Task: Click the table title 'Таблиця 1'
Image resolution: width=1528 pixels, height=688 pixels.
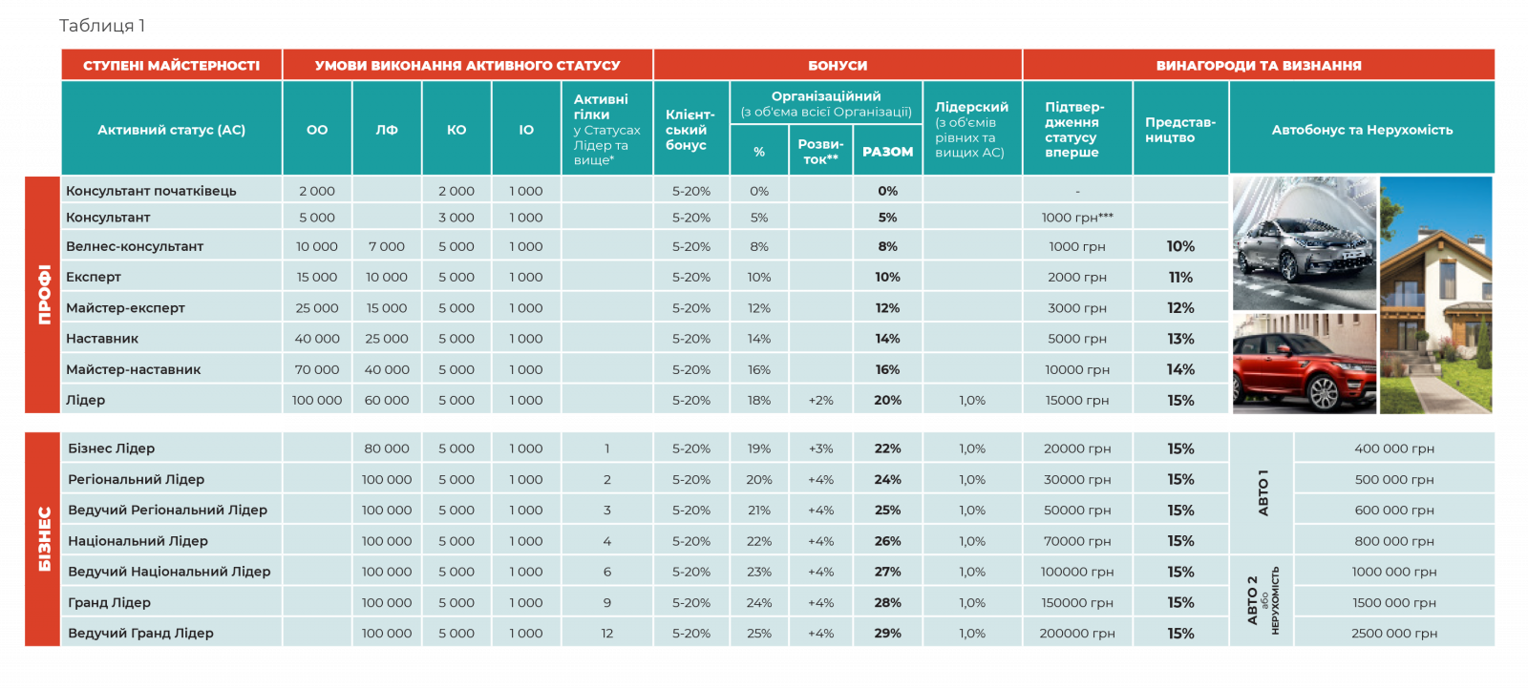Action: click(102, 26)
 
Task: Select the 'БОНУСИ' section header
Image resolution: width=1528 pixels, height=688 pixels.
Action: click(838, 66)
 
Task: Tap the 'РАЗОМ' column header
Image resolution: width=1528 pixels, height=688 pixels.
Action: click(887, 152)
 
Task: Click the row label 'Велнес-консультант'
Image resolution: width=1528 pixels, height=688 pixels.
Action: click(135, 246)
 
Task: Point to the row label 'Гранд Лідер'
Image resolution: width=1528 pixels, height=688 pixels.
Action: click(110, 602)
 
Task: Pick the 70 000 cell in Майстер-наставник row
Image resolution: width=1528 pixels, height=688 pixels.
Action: click(317, 369)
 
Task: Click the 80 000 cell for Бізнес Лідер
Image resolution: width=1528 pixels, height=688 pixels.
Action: click(387, 448)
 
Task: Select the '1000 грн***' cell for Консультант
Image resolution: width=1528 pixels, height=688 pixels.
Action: click(1077, 218)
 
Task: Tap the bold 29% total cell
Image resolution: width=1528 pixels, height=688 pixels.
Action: click(887, 633)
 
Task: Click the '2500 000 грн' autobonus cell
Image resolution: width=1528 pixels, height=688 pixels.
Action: click(1394, 633)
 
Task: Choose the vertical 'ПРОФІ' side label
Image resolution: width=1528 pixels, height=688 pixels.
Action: click(44, 294)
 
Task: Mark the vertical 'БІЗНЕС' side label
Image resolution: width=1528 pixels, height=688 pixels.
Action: click(44, 539)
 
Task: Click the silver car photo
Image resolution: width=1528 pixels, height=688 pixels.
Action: click(1304, 243)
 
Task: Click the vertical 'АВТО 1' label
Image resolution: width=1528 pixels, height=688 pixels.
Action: click(1263, 492)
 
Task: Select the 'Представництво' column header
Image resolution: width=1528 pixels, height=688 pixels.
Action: click(1180, 130)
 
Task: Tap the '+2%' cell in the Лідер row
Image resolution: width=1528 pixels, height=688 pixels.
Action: click(820, 401)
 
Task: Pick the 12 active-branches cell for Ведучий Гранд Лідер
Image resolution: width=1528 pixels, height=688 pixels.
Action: click(606, 633)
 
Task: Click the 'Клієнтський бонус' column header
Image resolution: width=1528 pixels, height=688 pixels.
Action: click(690, 130)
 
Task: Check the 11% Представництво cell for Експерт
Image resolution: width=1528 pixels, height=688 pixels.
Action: click(1180, 277)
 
